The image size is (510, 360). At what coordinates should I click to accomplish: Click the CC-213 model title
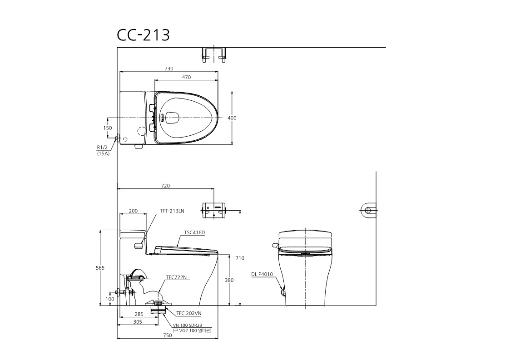pyautogui.click(x=144, y=35)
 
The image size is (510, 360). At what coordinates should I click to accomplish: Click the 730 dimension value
pyautogui.click(x=169, y=69)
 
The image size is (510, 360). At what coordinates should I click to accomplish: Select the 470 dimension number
pyautogui.click(x=186, y=77)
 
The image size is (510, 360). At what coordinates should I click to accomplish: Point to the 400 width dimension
pyautogui.click(x=232, y=118)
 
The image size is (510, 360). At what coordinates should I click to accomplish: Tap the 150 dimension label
pyautogui.click(x=108, y=128)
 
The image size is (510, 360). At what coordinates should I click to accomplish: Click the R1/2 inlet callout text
pyautogui.click(x=102, y=148)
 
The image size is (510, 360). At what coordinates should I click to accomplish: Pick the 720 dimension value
pyautogui.click(x=165, y=186)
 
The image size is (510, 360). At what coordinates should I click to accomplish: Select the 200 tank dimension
pyautogui.click(x=134, y=211)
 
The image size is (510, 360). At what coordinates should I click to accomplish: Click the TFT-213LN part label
pyautogui.click(x=172, y=211)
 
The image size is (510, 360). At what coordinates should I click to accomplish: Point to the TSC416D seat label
pyautogui.click(x=194, y=232)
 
